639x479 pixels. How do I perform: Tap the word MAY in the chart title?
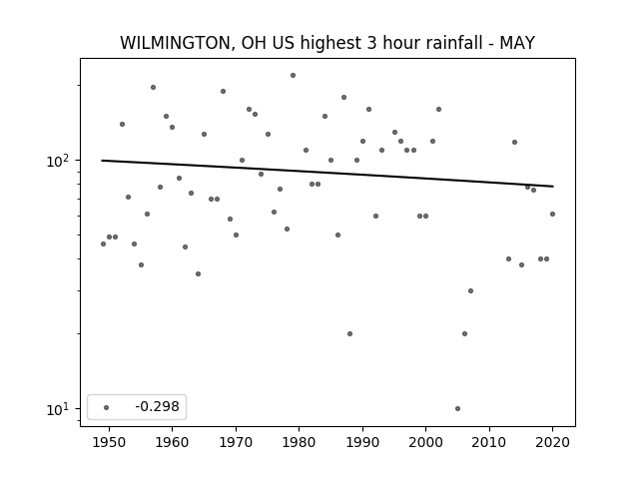pyautogui.click(x=517, y=43)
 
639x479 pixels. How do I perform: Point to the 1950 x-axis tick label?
pyautogui.click(x=109, y=442)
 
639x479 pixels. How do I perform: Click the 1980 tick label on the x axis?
pyautogui.click(x=299, y=442)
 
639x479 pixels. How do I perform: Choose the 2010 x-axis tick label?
pyautogui.click(x=489, y=442)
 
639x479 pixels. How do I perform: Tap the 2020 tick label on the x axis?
pyautogui.click(x=552, y=442)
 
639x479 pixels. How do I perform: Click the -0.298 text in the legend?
pyautogui.click(x=157, y=406)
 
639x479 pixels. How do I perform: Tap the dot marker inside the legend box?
pyautogui.click(x=107, y=407)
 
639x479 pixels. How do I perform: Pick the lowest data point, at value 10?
pyautogui.click(x=457, y=408)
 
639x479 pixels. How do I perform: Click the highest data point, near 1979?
pyautogui.click(x=293, y=76)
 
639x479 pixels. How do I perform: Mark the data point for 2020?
pyautogui.click(x=552, y=214)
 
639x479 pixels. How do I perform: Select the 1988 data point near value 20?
pyautogui.click(x=350, y=333)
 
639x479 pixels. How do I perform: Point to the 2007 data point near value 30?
pyautogui.click(x=470, y=290)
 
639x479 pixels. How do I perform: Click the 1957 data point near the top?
pyautogui.click(x=153, y=87)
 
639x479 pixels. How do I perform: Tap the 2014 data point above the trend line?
pyautogui.click(x=515, y=142)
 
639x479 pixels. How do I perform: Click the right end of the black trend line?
pyautogui.click(x=553, y=187)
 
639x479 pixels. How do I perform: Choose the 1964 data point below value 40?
pyautogui.click(x=198, y=273)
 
